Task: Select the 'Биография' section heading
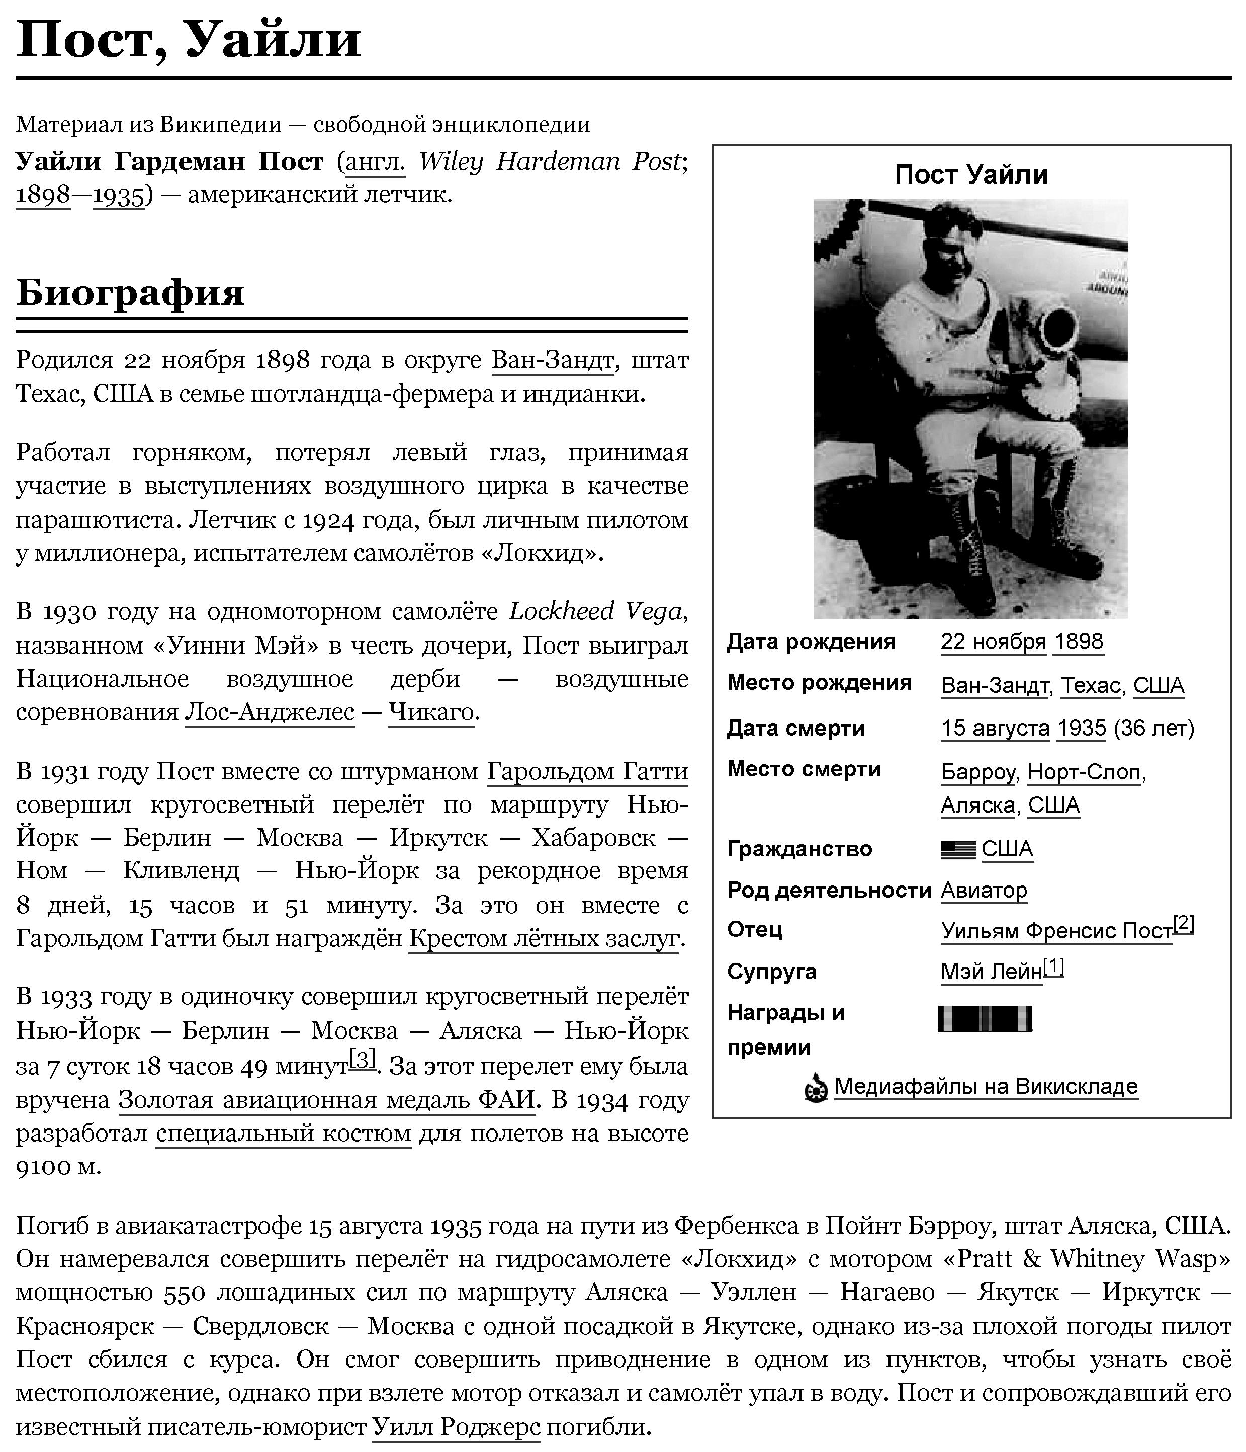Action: pos(130,292)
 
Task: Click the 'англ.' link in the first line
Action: pos(376,162)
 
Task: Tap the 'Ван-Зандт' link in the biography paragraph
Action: pos(553,360)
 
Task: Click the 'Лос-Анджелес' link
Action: pos(270,712)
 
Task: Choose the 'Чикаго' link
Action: pos(431,712)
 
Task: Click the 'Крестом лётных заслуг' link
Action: pos(544,938)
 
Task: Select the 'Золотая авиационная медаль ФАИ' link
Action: pos(326,1099)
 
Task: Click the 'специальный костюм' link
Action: pos(283,1133)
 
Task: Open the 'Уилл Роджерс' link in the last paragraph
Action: pos(456,1426)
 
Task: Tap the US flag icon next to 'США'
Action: pos(957,849)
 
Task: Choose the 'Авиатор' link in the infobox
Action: pos(984,890)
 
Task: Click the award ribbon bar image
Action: pos(985,1019)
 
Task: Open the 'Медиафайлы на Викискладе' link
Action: pos(986,1086)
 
